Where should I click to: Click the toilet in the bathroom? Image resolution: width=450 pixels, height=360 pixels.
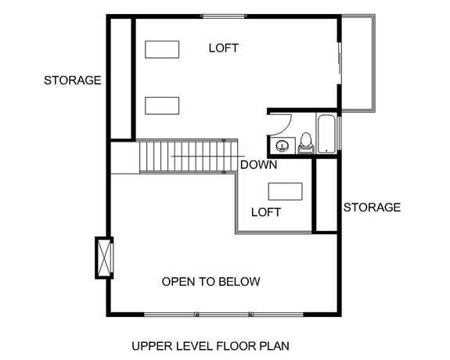click(305, 142)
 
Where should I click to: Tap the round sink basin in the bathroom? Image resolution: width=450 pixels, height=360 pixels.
click(282, 144)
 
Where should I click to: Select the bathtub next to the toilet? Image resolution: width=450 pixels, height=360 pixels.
click(326, 134)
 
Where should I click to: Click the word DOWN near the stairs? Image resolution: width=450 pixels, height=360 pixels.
click(257, 165)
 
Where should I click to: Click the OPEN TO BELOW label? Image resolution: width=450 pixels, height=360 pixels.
click(211, 281)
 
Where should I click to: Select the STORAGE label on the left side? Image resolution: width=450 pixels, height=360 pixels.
click(73, 80)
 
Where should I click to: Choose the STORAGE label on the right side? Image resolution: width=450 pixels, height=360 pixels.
click(372, 207)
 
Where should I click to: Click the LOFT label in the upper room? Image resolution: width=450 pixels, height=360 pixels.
click(223, 49)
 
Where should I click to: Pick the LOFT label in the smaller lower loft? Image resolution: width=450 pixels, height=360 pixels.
click(265, 212)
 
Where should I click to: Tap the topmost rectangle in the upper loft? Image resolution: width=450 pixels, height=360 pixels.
click(163, 49)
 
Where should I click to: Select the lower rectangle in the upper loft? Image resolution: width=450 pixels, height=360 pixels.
click(163, 105)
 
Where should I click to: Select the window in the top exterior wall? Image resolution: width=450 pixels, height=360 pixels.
click(224, 16)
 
